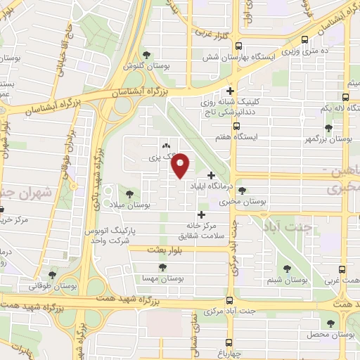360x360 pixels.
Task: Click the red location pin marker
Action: click(181, 166)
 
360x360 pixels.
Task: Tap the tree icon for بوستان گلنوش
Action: click(146, 55)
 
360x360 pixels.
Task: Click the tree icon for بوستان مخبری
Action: click(243, 191)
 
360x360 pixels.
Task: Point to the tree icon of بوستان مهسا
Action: click(162, 268)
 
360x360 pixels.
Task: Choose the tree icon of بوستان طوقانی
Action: click(52, 274)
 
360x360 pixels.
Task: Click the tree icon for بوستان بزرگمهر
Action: click(328, 128)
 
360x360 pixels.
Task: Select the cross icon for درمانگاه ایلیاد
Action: click(211, 175)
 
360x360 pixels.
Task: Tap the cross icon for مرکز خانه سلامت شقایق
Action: click(202, 214)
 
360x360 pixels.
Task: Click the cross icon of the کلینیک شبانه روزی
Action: click(230, 91)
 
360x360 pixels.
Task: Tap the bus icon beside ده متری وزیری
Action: click(304, 40)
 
